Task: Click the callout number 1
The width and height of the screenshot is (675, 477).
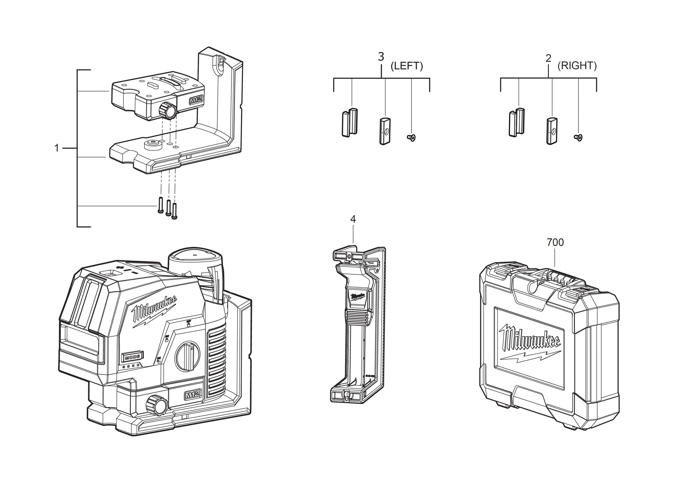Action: (57, 148)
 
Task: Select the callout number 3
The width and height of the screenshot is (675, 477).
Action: (381, 57)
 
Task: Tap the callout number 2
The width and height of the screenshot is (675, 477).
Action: (548, 58)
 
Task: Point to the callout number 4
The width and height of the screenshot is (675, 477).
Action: (353, 219)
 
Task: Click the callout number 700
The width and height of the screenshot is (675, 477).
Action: (555, 242)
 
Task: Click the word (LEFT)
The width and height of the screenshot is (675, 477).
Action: (407, 66)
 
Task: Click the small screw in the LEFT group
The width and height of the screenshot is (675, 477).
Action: (411, 137)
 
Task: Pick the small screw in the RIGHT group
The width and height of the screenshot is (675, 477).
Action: (578, 137)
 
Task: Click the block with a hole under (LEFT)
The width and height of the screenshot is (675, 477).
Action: (385, 131)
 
